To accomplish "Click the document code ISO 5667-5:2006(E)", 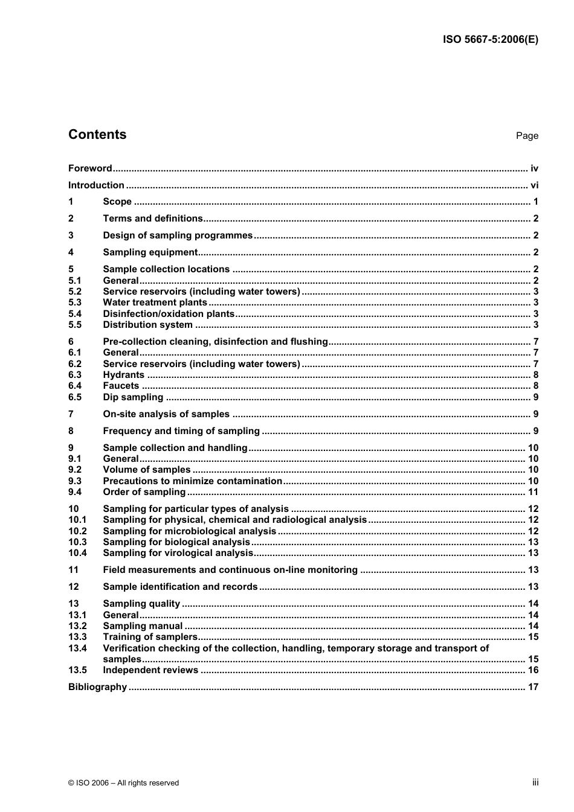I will pos(490,40).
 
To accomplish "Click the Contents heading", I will pos(97,135).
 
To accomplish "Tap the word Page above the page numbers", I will pos(527,136).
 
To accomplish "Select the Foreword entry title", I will pos(90,168).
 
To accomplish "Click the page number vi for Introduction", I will pos(534,185).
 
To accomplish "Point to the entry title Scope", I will pos(117,202).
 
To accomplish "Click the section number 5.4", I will pos(75,313).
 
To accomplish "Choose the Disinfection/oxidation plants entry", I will pos(169,313).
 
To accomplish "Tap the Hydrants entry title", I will pos(123,375).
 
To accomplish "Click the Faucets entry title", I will pos(121,386).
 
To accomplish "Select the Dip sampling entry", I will pos(133,397).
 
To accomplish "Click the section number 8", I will pos(71,431).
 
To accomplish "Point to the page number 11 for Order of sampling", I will pos(533,492).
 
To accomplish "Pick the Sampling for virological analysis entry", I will pos(178,553).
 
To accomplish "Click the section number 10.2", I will pos(77,531).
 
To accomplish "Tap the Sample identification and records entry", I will pos(180,587).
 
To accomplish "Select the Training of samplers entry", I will pos(150,637).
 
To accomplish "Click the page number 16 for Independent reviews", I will pos(533,670).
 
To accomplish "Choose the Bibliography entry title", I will pos(97,687).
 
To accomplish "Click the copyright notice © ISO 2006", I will pos(124,783).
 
